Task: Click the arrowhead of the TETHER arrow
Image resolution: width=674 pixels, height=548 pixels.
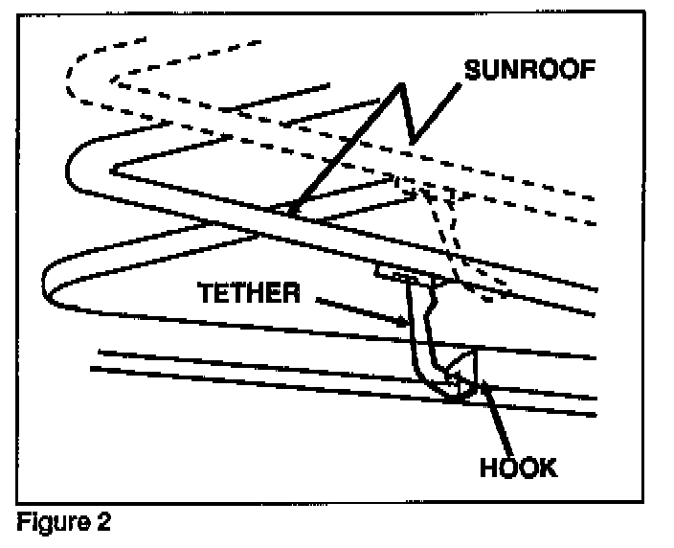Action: click(405, 326)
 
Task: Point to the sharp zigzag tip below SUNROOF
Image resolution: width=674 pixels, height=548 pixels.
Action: click(411, 145)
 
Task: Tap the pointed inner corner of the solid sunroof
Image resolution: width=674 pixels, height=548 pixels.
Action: click(115, 171)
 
